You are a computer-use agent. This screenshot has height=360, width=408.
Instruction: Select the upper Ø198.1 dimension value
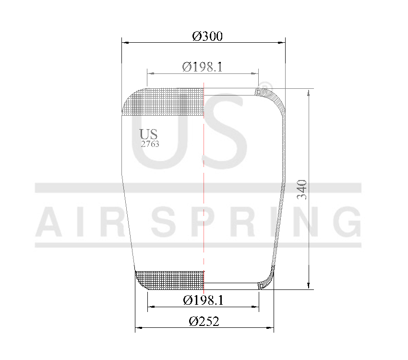click(x=202, y=67)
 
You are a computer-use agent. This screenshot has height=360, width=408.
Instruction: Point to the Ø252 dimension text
click(x=204, y=322)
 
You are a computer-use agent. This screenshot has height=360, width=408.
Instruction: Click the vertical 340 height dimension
click(x=301, y=190)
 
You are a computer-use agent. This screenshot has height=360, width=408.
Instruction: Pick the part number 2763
click(x=150, y=144)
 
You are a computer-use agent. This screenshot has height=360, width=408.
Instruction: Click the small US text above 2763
click(x=148, y=134)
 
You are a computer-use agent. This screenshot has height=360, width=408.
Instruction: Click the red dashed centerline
click(x=204, y=192)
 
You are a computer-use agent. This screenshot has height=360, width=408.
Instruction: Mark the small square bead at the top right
click(x=258, y=91)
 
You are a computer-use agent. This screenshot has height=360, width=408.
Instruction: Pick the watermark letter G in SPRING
click(x=347, y=222)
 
